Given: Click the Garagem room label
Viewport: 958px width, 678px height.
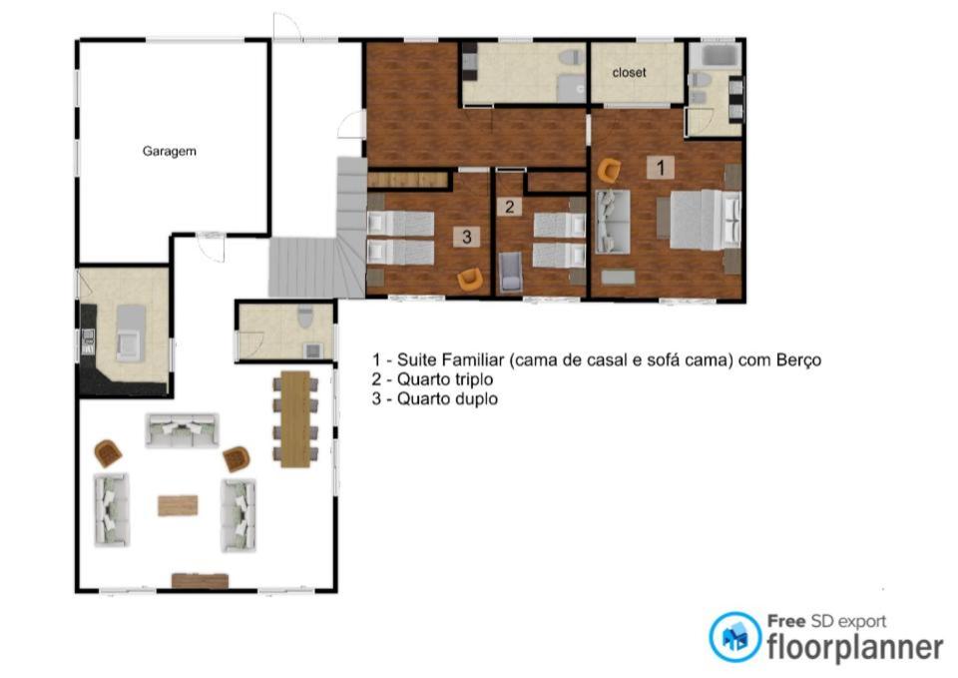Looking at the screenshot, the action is tap(170, 151).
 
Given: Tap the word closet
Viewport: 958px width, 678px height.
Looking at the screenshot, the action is tap(630, 72).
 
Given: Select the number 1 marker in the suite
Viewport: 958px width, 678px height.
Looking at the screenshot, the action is tap(661, 167).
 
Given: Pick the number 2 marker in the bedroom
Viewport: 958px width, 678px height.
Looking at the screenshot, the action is tap(510, 207).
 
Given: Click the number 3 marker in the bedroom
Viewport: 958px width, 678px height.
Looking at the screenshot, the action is tap(467, 237).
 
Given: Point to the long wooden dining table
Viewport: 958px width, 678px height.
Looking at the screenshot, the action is tap(295, 418).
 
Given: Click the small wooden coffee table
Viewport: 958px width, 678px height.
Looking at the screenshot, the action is tap(178, 505).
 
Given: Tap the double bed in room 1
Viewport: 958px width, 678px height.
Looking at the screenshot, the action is tap(706, 220).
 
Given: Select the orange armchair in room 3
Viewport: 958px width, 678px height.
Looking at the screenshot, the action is tap(470, 280).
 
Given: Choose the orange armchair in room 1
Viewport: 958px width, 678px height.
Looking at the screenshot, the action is tap(609, 171).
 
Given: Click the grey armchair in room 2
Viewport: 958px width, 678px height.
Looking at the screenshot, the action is tap(511, 272).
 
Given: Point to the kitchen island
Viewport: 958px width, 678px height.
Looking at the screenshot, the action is tap(131, 333).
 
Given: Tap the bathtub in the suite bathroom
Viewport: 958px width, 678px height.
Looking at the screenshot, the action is tap(720, 56).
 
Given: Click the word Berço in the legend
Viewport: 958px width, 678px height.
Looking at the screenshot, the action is tap(798, 360).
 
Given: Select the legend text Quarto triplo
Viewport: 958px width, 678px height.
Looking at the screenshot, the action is tap(445, 379).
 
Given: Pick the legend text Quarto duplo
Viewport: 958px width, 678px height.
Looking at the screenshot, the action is tap(447, 399).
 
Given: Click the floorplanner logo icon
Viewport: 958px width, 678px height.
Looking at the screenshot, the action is tap(735, 636).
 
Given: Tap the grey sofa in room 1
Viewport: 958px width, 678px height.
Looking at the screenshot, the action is tap(612, 222).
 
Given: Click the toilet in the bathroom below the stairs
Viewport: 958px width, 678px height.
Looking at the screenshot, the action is tap(305, 317).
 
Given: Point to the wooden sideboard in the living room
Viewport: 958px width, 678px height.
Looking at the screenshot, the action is tap(200, 581).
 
